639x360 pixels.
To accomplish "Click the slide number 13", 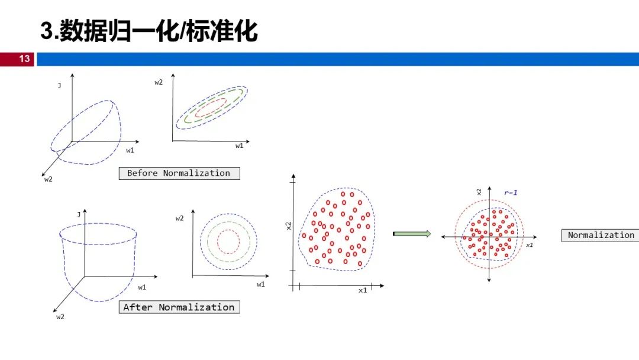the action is pyautogui.click(x=24, y=59).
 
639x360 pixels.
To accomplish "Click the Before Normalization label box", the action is pyautogui.click(x=179, y=173).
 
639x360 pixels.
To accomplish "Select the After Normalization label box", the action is pyautogui.click(x=179, y=307).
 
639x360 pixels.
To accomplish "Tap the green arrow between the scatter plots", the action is pyautogui.click(x=412, y=234).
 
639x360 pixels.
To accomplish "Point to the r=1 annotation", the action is pyautogui.click(x=511, y=192).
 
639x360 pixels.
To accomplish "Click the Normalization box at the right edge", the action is pyautogui.click(x=601, y=235).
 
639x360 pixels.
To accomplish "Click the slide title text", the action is pyautogui.click(x=149, y=31).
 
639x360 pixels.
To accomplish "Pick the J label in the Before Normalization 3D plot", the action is pyautogui.click(x=60, y=86).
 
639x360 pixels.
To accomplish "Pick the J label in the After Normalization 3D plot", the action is pyautogui.click(x=79, y=214).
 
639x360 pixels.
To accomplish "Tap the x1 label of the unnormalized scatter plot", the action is pyautogui.click(x=363, y=290).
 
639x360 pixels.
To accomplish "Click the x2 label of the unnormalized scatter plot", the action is pyautogui.click(x=289, y=226).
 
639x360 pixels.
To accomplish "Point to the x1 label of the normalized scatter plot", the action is pyautogui.click(x=530, y=245).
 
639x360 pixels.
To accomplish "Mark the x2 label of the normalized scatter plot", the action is pyautogui.click(x=479, y=192).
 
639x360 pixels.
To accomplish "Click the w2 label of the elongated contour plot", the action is pyautogui.click(x=159, y=82).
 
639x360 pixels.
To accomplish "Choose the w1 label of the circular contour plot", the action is pyautogui.click(x=261, y=284).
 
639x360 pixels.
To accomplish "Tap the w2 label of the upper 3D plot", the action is pyautogui.click(x=48, y=179).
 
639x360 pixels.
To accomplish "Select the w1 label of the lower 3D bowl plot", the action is pyautogui.click(x=142, y=287).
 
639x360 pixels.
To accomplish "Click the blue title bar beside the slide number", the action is pyautogui.click(x=338, y=59).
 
